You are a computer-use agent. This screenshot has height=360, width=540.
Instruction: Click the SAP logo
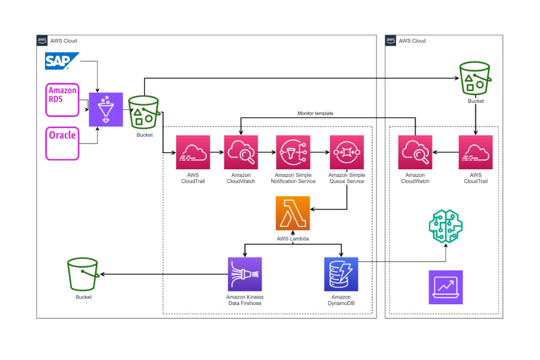[x=61, y=61]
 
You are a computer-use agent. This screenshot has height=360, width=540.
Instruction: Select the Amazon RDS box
[x=62, y=99]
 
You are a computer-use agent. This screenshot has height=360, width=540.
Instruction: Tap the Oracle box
[x=62, y=143]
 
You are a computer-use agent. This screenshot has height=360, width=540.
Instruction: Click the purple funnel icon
[x=106, y=109]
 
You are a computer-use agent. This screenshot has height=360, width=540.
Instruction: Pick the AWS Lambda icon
[x=292, y=213]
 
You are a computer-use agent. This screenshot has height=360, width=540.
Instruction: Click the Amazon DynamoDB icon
[x=341, y=274]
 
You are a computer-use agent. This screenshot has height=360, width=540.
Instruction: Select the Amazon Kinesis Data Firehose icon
[x=245, y=274]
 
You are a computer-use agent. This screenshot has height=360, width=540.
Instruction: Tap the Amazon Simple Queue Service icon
[x=346, y=152]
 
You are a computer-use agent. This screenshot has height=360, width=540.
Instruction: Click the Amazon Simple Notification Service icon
[x=292, y=152]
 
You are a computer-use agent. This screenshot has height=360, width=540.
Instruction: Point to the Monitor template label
[x=316, y=113]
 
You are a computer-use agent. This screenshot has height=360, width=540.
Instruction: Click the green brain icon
[x=446, y=226]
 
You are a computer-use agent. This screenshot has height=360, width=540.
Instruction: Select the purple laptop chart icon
[x=445, y=287]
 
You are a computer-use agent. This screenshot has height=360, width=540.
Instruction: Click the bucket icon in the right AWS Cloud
[x=475, y=78]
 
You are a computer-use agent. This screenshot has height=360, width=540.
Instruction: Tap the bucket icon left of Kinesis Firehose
[x=83, y=274]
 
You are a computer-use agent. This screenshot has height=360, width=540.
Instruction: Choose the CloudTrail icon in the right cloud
[x=475, y=152]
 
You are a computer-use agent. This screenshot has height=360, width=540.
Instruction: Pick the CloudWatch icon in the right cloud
[x=415, y=152]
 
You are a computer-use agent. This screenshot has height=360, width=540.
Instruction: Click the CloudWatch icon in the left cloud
[x=241, y=152]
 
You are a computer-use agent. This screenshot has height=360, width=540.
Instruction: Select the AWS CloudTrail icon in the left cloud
[x=193, y=152]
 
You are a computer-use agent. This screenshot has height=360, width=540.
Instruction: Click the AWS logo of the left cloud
[x=42, y=40]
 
